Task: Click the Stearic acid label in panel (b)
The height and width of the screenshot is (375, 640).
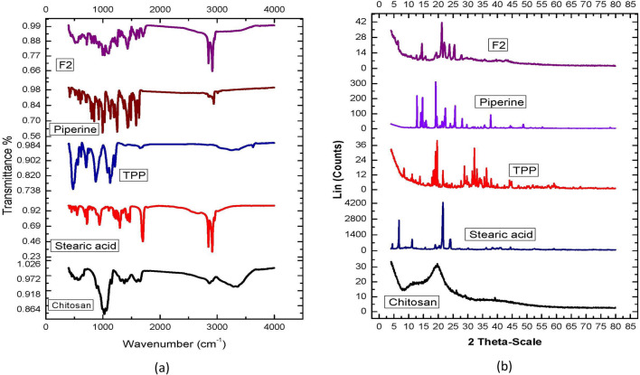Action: coord(499,235)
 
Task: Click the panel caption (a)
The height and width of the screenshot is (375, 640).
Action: coord(159,365)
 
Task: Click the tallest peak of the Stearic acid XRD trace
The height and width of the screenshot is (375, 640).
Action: coord(443,204)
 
